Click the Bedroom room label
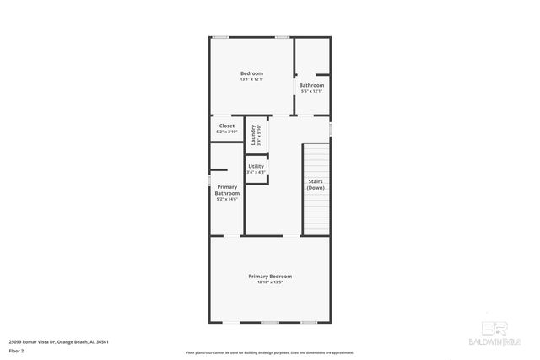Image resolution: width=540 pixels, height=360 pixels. (x=251, y=74)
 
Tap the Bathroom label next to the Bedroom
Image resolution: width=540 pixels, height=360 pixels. (x=311, y=85)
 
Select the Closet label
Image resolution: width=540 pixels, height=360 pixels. (x=227, y=126)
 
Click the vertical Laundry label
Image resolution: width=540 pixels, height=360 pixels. (x=253, y=133)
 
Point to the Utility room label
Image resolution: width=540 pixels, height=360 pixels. (x=256, y=166)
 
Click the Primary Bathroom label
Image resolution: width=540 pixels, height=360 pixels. (x=227, y=190)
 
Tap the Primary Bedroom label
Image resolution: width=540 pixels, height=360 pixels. (x=270, y=276)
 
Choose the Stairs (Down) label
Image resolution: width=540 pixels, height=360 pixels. (x=315, y=184)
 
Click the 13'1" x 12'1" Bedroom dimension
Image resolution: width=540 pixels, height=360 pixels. (x=251, y=80)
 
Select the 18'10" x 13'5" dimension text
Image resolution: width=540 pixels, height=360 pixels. (x=270, y=282)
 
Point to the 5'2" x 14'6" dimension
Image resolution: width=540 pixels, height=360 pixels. (x=227, y=199)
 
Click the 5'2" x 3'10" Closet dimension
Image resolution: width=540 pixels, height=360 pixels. (x=227, y=132)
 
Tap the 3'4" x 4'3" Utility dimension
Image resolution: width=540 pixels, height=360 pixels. (x=256, y=172)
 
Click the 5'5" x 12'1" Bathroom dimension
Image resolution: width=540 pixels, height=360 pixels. (x=311, y=91)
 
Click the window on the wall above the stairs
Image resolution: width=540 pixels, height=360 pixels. (x=331, y=128)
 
